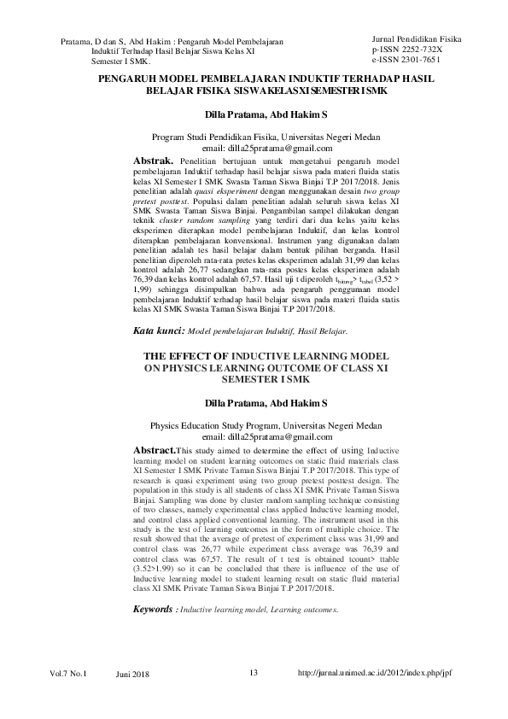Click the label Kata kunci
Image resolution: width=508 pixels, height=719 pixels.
click(x=159, y=354)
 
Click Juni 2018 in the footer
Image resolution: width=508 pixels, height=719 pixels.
click(x=132, y=675)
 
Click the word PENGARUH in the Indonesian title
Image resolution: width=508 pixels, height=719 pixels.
click(x=125, y=78)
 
